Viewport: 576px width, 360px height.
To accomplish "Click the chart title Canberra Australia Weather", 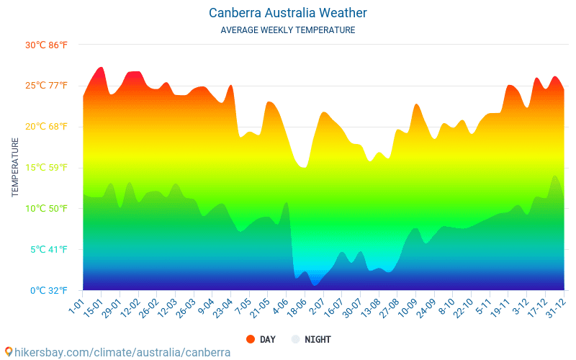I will [x=288, y=13].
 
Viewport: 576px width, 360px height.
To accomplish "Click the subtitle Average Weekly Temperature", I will [x=288, y=30].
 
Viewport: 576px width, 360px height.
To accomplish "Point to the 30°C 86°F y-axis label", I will [x=46, y=45].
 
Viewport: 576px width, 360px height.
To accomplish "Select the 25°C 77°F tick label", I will [x=46, y=86].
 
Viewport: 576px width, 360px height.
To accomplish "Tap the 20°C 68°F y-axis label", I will [x=46, y=127].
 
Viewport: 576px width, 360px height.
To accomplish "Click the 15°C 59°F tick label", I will [x=46, y=168].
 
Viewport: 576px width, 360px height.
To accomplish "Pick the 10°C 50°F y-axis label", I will [x=46, y=209].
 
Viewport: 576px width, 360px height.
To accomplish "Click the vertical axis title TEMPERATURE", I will [x=15, y=168].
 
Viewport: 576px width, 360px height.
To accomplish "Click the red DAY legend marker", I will [x=251, y=339].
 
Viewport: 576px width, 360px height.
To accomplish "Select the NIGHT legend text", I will [x=318, y=339].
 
